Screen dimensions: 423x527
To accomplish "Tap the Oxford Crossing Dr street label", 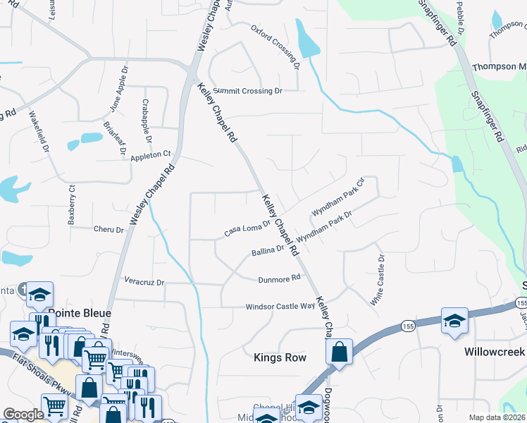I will (x=276, y=47).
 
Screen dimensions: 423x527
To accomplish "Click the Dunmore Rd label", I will (x=274, y=279).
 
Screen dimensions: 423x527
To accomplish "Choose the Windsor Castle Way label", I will (x=280, y=307).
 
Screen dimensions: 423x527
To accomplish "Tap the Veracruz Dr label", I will (x=144, y=282).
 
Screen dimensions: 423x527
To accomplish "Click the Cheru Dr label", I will (x=108, y=229).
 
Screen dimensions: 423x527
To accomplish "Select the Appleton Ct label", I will (x=151, y=154).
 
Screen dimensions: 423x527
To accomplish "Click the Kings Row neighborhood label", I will (x=280, y=358).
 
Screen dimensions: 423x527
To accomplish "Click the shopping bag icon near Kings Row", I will (x=339, y=352).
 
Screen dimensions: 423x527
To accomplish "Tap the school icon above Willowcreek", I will (x=454, y=321).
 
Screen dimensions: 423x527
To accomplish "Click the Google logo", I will (x=23, y=415).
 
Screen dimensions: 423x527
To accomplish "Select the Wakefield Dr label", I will (x=39, y=134).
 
